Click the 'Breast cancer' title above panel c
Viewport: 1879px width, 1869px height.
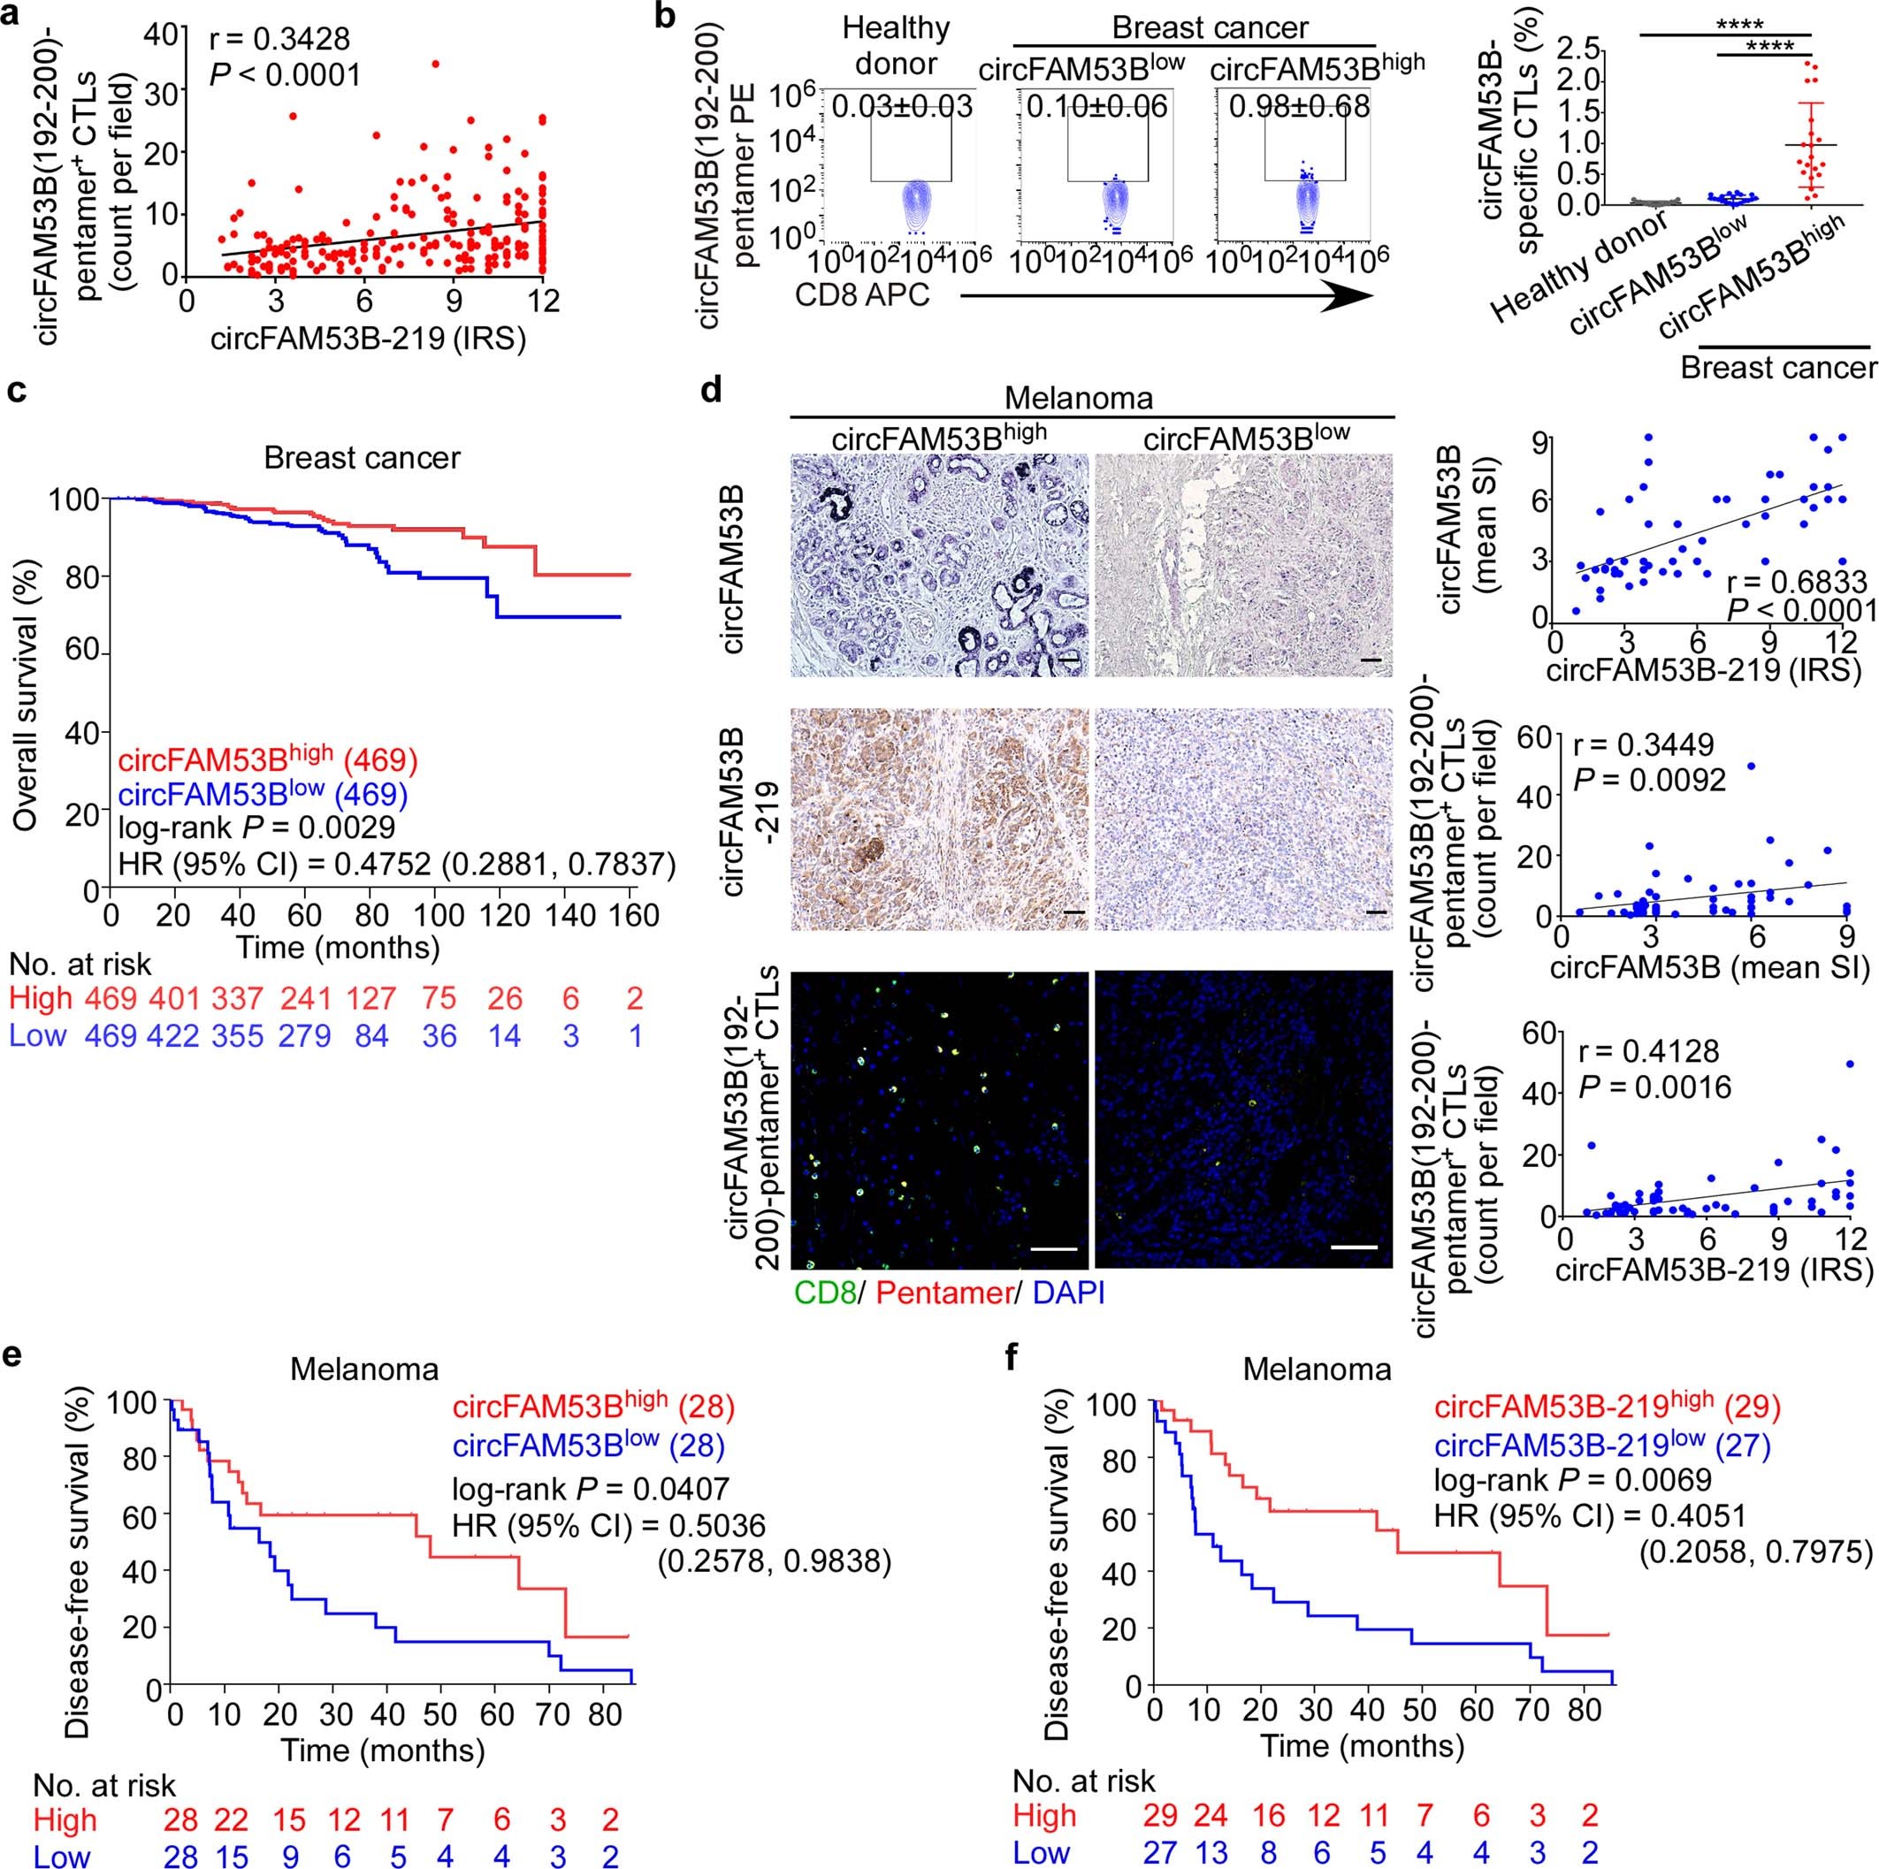[x=362, y=457]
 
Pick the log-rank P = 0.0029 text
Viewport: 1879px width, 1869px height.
[x=256, y=828]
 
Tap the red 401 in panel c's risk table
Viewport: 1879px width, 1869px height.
[x=175, y=999]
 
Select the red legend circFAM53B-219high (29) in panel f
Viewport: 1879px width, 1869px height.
[x=1607, y=1407]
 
